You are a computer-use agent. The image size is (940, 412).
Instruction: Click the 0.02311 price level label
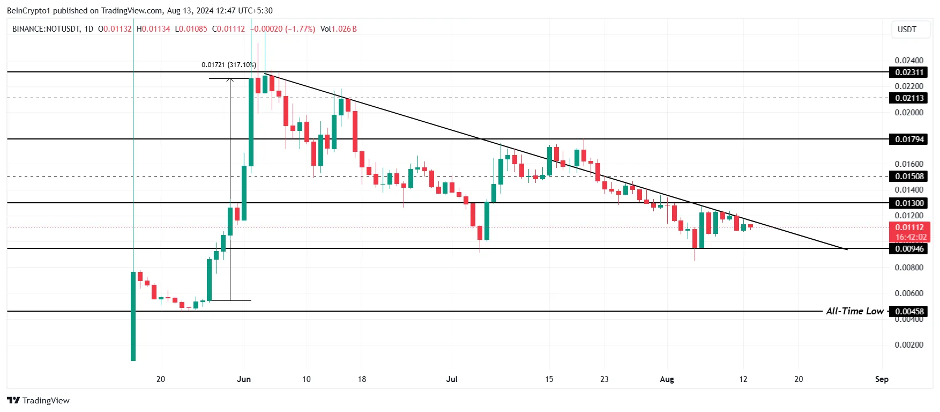point(909,72)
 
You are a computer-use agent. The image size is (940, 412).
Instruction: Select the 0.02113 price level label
point(909,98)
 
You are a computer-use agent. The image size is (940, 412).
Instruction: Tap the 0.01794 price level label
point(909,139)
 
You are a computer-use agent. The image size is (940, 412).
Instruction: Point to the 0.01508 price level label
point(909,176)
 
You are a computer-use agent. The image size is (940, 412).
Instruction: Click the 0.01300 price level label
point(909,203)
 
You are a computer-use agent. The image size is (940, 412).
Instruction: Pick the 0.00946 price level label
point(909,249)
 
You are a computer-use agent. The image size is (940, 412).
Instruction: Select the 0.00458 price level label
point(909,312)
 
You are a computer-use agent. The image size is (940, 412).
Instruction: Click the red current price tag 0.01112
point(909,227)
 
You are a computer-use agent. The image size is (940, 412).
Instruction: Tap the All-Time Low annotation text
point(854,311)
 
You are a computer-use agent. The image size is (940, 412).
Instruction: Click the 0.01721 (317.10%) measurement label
point(228,65)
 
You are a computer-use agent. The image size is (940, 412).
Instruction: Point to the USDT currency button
point(907,30)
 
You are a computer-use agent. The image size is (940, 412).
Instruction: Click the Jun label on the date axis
point(244,379)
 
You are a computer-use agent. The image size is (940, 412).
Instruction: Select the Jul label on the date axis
point(452,379)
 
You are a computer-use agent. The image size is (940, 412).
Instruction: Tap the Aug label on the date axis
point(667,379)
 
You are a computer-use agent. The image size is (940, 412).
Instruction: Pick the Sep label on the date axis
point(882,379)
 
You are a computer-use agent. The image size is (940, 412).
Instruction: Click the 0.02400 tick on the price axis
point(909,61)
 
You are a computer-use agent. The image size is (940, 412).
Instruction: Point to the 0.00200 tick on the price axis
point(909,345)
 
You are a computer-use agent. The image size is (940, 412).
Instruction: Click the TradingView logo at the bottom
point(39,401)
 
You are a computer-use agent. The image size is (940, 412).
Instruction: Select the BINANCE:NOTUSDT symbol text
point(46,29)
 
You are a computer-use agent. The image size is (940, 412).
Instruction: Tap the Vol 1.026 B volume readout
point(338,29)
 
